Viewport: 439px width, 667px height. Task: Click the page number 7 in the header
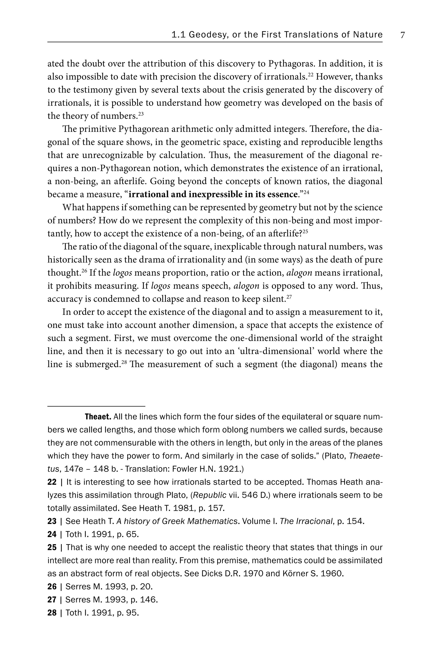tap(403, 35)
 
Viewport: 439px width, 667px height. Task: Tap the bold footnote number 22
tap(52, 482)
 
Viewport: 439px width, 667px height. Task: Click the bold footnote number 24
tap(52, 534)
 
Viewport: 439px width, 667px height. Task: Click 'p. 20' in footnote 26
tap(142, 586)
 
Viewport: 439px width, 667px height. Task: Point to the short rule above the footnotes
tap(96, 406)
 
